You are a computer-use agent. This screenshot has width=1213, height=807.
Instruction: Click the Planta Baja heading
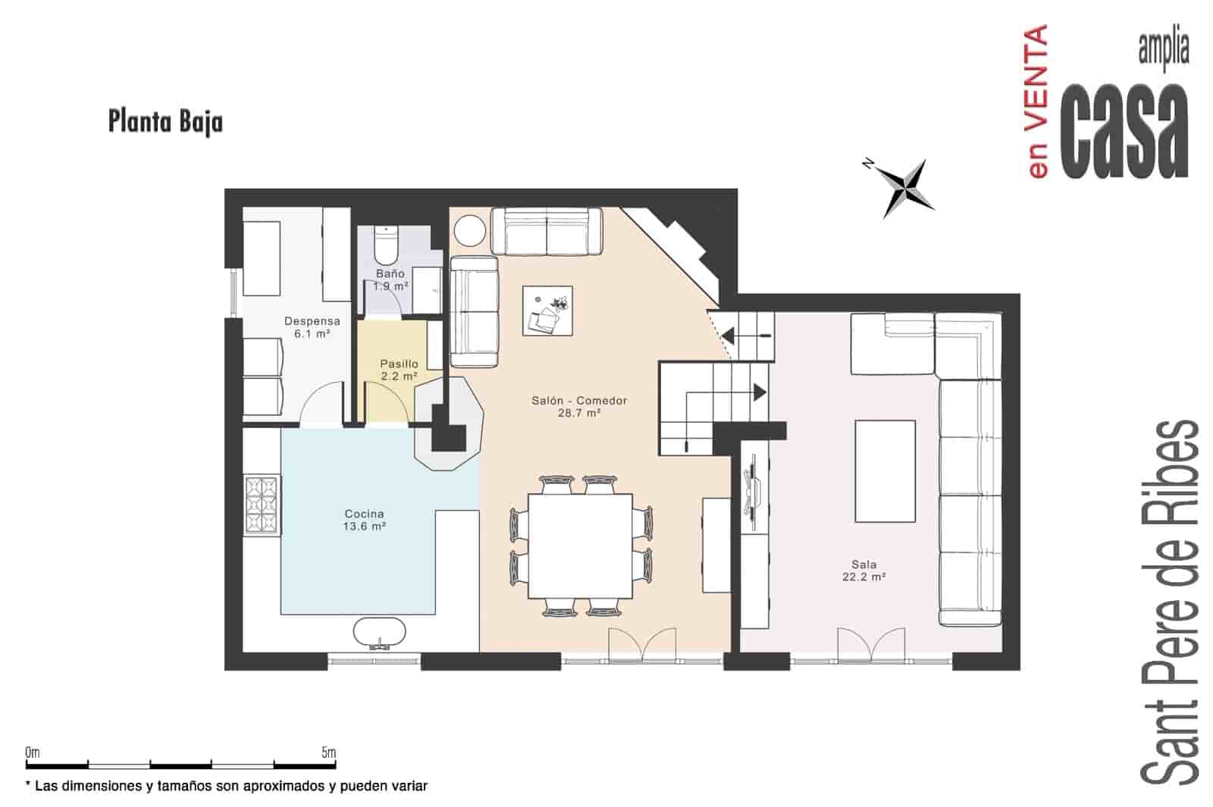165,121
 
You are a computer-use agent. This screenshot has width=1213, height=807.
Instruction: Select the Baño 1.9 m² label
390,280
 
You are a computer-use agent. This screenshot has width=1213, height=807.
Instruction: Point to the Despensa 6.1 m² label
312,327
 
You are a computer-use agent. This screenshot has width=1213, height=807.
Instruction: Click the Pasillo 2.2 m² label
399,370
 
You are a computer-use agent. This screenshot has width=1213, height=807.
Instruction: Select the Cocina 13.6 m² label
364,520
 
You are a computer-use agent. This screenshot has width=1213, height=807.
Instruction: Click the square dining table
580,546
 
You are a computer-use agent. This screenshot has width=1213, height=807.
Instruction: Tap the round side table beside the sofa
469,230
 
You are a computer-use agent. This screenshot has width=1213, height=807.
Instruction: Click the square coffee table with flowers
547,310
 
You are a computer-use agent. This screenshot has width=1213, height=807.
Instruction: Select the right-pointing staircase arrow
758,392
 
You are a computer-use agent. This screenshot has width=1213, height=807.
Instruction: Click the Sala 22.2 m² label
864,570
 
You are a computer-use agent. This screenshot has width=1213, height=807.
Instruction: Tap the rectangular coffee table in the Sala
885,471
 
